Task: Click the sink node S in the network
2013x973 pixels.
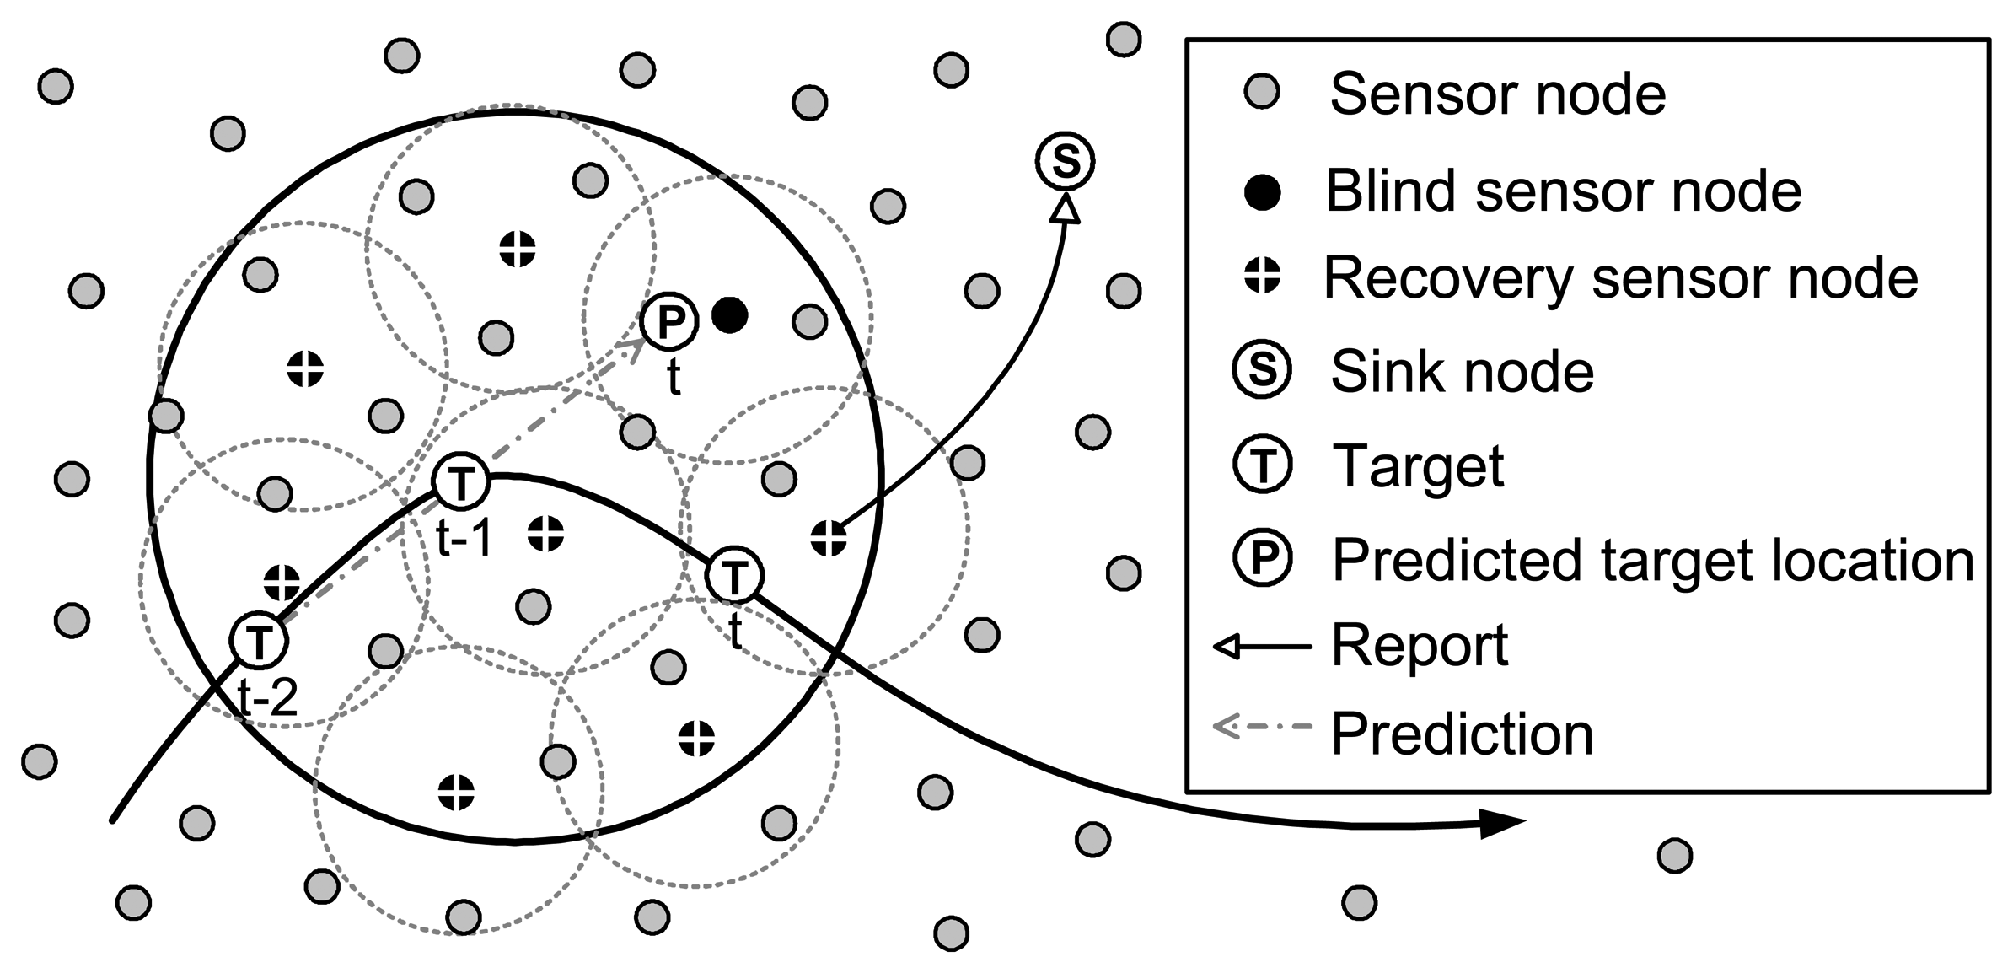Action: (1065, 160)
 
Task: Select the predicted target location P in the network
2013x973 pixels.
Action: (669, 321)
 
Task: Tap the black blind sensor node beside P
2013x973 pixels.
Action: (729, 315)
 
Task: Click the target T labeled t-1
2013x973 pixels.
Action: (461, 481)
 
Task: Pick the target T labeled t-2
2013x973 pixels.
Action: (259, 641)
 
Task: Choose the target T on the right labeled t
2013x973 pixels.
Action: (735, 575)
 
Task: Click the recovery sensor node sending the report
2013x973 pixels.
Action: (828, 538)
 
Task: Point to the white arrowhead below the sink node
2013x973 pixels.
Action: (1066, 209)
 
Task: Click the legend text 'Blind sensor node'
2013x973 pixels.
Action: (1563, 191)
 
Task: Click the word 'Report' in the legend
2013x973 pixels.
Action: (1420, 646)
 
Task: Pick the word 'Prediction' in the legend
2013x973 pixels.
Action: (1462, 734)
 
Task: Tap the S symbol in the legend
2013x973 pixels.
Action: (1262, 370)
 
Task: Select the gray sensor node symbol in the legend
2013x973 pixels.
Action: (1262, 91)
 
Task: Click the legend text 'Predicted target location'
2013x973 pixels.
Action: (1652, 560)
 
